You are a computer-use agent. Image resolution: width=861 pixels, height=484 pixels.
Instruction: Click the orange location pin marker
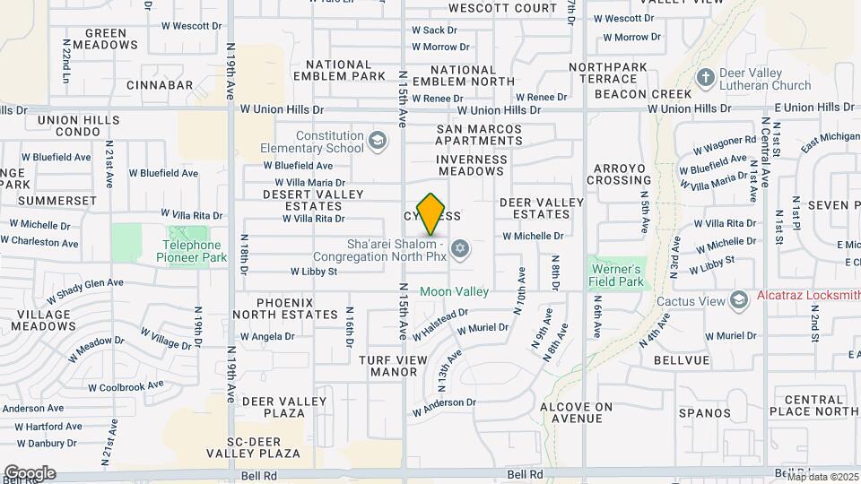point(431,213)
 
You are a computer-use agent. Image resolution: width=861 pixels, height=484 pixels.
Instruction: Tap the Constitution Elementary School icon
point(378,141)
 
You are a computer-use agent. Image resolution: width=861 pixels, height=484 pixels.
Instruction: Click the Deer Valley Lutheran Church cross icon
point(704,79)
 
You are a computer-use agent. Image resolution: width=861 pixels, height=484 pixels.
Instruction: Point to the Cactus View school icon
point(738,298)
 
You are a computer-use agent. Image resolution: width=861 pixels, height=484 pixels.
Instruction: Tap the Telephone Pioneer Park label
point(193,250)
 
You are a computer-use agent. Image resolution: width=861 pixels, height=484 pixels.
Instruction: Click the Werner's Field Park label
point(616,275)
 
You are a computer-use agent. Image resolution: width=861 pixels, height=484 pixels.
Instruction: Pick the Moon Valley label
point(455,291)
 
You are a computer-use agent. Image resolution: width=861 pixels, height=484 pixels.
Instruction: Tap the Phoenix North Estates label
point(284,308)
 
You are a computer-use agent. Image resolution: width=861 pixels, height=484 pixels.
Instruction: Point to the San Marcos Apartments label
point(479,134)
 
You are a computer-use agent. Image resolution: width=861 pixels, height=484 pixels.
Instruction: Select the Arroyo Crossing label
point(619,174)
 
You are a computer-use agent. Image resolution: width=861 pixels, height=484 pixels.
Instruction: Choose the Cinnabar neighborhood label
point(160,85)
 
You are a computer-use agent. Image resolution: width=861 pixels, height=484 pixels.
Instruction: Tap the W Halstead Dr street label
point(441,324)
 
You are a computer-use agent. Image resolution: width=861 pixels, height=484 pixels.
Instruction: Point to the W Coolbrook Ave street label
point(126,385)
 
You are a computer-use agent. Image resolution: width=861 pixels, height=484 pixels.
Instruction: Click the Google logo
point(29,472)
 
